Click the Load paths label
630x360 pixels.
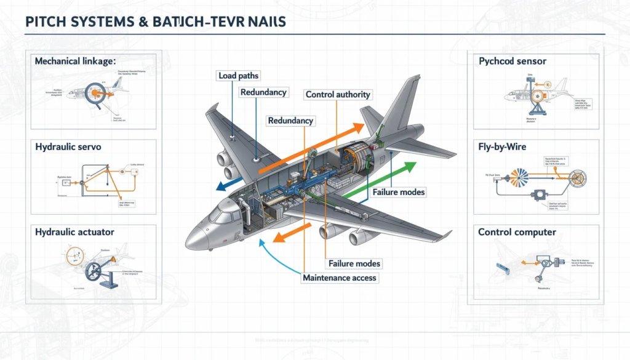[238, 76]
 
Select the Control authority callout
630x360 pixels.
[338, 94]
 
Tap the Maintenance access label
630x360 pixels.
[340, 278]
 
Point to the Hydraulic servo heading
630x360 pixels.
[68, 147]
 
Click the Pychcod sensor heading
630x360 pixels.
[512, 62]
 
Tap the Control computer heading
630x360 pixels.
[517, 232]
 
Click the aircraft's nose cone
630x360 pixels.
[196, 237]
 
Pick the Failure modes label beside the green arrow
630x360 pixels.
[398, 192]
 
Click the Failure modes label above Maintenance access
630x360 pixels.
[354, 263]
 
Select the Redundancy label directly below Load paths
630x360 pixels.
[263, 92]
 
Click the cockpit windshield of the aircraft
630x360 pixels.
[223, 216]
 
